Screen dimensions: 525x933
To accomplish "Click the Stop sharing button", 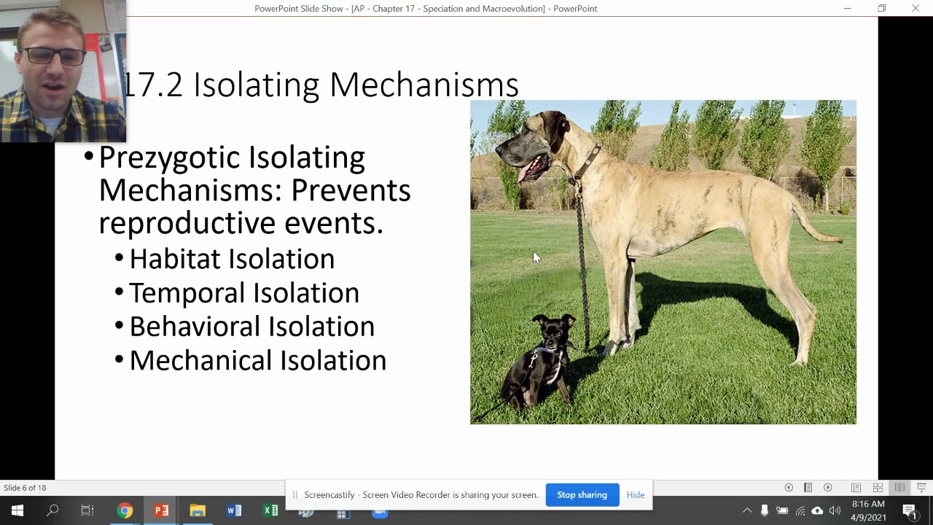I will tap(582, 495).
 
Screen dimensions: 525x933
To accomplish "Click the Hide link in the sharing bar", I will tap(635, 495).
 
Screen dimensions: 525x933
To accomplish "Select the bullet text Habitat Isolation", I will tap(231, 259).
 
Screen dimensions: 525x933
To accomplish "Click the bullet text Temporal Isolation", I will tap(243, 293).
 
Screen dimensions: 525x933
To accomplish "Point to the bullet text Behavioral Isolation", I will tap(251, 327).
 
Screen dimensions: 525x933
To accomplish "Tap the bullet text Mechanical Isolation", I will tap(257, 360).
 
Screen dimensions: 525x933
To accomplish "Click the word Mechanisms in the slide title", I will tap(423, 85).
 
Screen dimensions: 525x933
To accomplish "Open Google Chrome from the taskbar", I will tap(125, 510).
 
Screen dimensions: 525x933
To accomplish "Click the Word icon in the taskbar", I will tap(234, 510).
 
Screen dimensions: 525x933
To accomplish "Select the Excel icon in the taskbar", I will tap(270, 510).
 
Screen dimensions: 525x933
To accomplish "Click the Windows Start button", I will tap(17, 510).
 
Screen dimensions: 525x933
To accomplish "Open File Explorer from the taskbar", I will tap(198, 510).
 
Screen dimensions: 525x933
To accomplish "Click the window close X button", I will tap(916, 9).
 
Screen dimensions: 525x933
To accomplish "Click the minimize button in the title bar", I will tap(848, 9).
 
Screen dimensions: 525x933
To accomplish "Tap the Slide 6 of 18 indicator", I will tap(25, 488).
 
